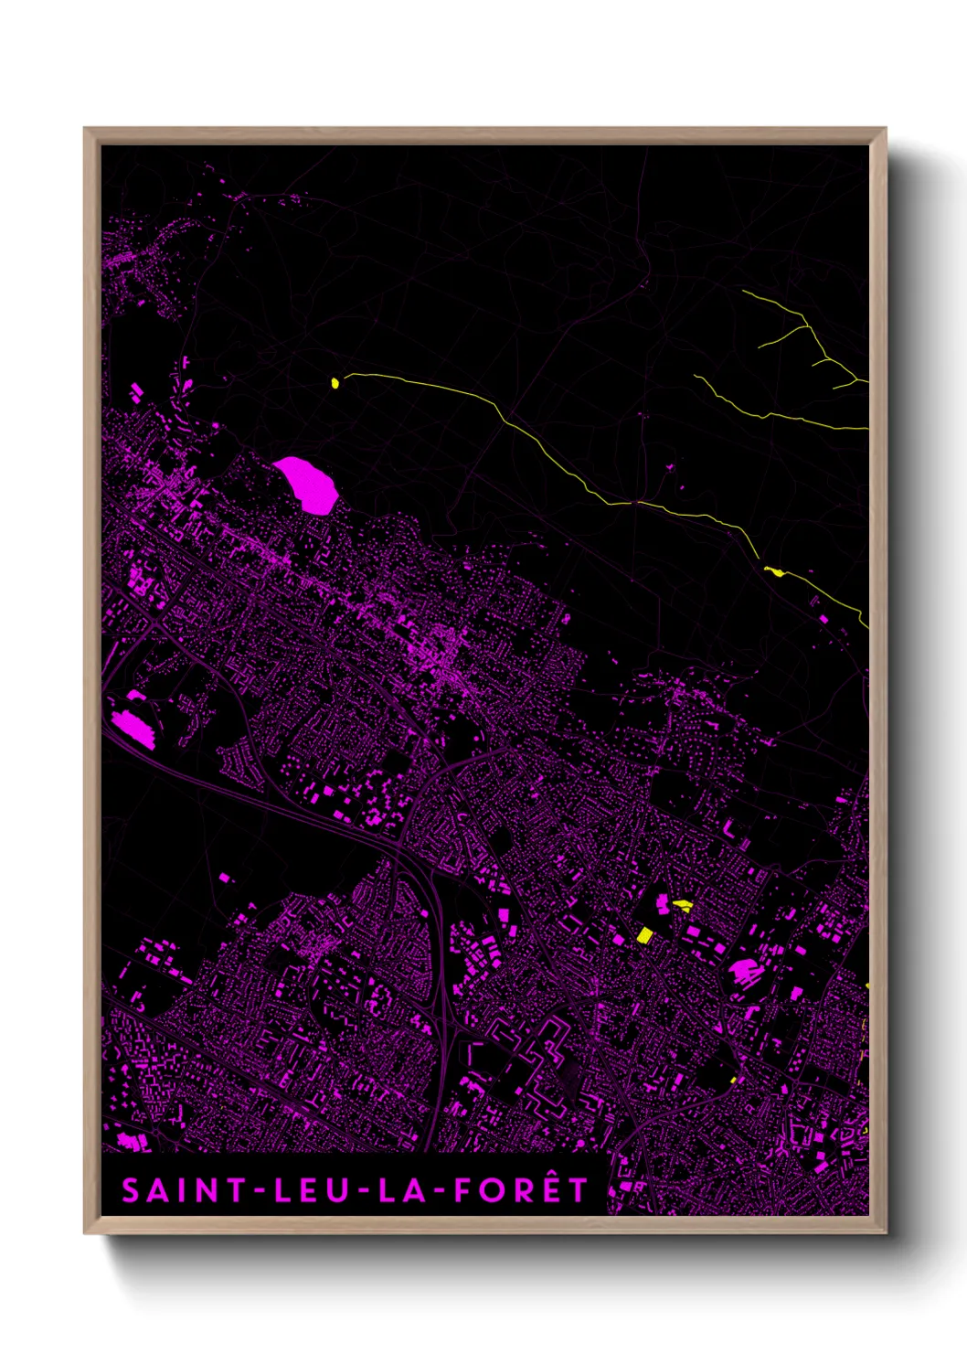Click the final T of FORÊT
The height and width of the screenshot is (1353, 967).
(x=579, y=1190)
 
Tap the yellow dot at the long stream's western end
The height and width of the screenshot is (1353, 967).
(x=335, y=383)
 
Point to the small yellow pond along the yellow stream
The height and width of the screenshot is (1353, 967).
(x=774, y=572)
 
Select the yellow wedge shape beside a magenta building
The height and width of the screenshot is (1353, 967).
(x=683, y=905)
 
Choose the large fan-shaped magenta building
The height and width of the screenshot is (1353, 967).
(x=742, y=972)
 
